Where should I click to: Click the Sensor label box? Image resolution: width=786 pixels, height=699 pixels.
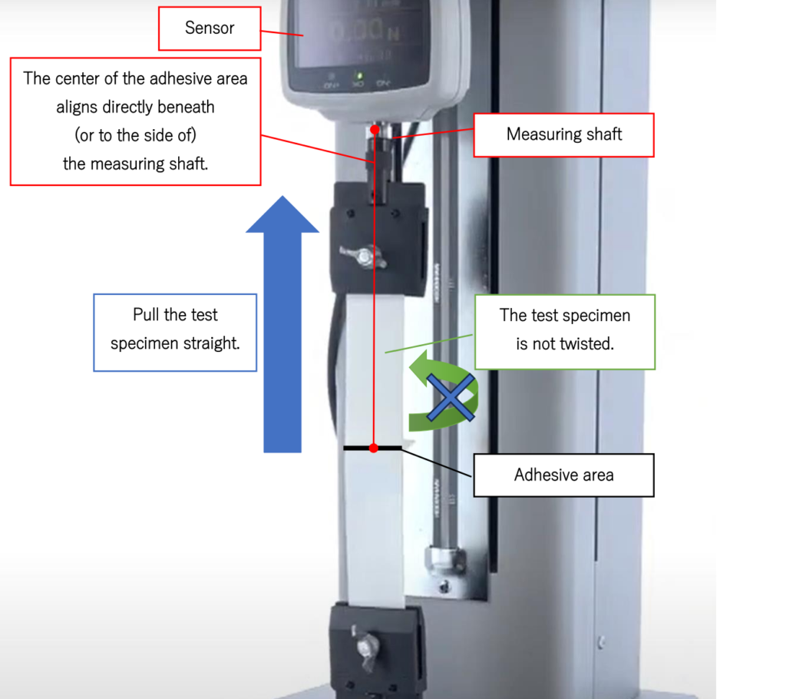[210, 28]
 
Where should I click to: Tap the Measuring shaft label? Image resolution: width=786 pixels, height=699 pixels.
[564, 135]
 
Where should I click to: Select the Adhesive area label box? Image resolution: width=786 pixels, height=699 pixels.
[564, 475]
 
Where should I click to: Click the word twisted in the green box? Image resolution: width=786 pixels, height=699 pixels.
[586, 343]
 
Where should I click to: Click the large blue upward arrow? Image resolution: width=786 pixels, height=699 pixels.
[282, 324]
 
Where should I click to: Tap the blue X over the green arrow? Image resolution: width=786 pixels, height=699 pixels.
[451, 397]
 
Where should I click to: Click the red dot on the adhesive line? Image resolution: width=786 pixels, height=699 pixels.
[374, 448]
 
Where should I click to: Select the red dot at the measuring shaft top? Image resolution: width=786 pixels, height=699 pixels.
[375, 130]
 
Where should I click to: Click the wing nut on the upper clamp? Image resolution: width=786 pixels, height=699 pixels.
[363, 257]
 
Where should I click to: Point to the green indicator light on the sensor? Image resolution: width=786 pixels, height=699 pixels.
[359, 76]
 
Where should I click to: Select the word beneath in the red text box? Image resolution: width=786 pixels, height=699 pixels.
[186, 107]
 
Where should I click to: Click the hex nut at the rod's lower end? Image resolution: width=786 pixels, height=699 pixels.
[444, 559]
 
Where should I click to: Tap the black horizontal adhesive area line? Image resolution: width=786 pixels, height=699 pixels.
[372, 448]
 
